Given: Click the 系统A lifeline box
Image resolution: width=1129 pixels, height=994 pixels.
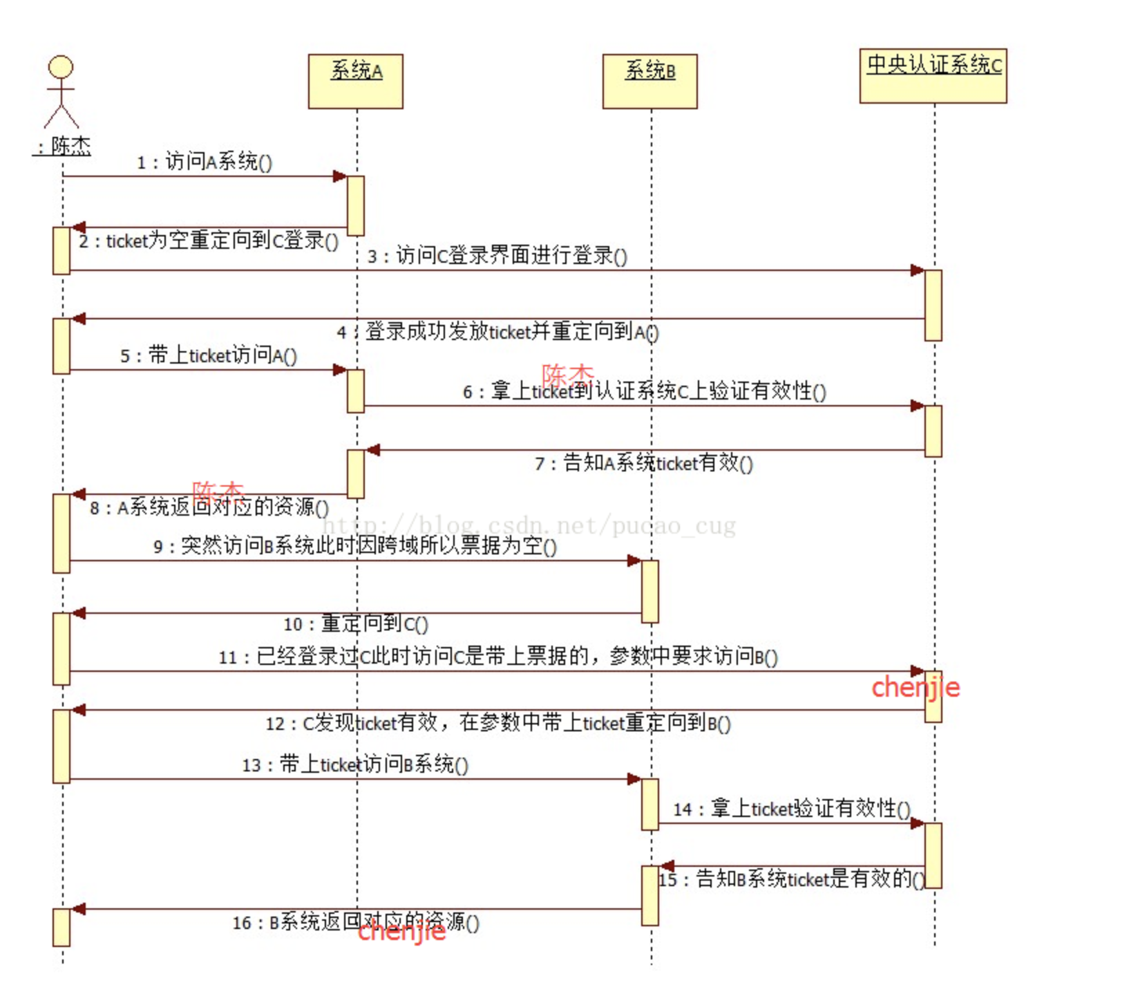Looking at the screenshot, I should (355, 81).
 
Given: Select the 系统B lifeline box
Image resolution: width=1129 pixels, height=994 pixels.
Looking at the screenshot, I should (649, 81).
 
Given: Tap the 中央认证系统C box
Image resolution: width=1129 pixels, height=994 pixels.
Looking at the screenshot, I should (933, 75).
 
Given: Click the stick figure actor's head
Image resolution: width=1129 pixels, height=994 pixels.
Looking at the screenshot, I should (61, 67).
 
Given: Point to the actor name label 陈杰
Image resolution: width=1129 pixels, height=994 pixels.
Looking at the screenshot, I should (63, 147).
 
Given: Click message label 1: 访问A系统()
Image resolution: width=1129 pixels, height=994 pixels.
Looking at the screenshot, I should (205, 162).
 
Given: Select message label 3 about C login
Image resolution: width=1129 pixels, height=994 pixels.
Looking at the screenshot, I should (497, 256).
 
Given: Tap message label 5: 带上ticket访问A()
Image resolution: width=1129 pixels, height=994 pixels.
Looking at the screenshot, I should (209, 355).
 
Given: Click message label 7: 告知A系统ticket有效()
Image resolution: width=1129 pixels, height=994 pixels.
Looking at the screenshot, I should (644, 462).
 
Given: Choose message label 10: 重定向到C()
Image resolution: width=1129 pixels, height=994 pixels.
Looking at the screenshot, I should (356, 623).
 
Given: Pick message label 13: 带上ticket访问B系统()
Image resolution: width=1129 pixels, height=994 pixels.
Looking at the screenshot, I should (355, 765).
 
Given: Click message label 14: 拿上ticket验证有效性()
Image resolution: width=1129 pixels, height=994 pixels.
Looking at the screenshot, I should (792, 808).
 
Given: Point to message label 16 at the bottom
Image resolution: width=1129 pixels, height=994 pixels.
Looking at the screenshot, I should (356, 922).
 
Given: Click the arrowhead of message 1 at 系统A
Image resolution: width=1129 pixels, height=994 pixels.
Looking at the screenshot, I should (339, 176).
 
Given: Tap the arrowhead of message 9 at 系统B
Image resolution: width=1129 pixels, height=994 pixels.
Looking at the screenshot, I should (634, 561).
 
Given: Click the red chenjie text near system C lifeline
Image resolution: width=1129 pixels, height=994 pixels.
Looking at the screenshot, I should (915, 687).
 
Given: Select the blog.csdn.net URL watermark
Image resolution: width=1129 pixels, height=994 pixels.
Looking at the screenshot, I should (529, 527).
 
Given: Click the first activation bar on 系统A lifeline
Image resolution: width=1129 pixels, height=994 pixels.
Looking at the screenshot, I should (355, 205).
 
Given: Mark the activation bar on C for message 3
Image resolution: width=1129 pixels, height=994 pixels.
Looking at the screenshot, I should (933, 305).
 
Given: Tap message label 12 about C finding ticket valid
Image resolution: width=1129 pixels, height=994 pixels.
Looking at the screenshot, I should (498, 723).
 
